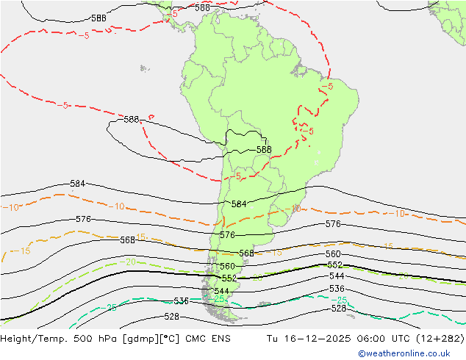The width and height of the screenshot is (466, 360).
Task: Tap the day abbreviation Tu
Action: pyautogui.click(x=275, y=339)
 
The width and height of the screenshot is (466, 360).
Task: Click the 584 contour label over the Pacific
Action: pyautogui.click(x=77, y=183)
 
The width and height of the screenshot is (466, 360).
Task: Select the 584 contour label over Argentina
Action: pyautogui.click(x=239, y=204)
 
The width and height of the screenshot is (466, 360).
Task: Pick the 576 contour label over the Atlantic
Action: pyautogui.click(x=333, y=223)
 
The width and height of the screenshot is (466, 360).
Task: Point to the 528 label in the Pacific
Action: pyautogui.click(x=171, y=317)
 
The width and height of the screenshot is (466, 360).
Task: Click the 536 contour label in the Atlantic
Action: pyautogui.click(x=337, y=289)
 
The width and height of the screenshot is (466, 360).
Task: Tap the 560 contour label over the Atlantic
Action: pyautogui.click(x=333, y=254)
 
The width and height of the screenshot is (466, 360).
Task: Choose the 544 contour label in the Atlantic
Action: pyautogui.click(x=337, y=276)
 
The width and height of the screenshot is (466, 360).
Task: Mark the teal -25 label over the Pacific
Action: pyautogui.click(x=112, y=308)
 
